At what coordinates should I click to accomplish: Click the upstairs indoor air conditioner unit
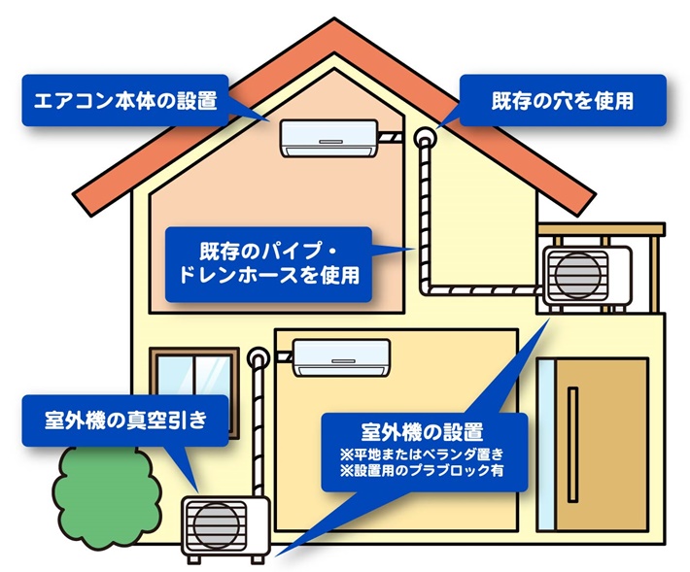tap(328, 137)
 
